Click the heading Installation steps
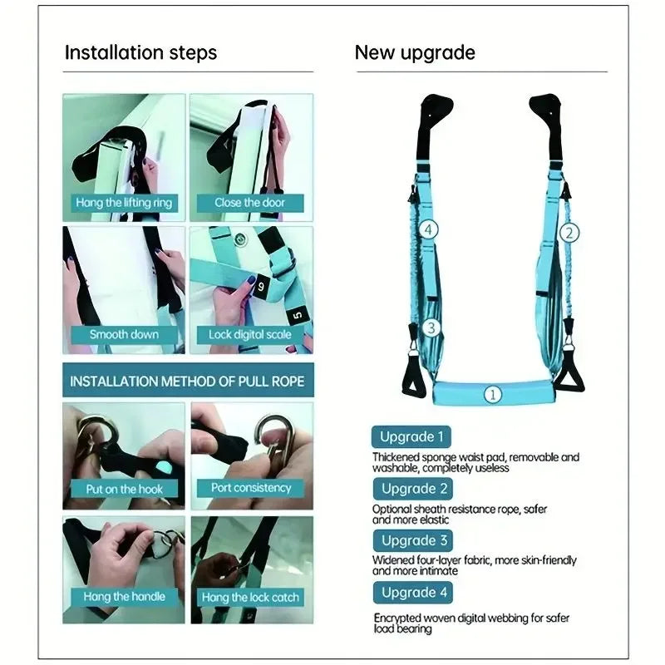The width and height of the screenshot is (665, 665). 140,52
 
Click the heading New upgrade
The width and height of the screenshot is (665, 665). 415,52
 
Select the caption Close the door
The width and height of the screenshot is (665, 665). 250,202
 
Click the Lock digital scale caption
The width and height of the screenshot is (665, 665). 250,335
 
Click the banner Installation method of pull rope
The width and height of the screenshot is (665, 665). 187,382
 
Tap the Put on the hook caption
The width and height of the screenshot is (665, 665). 125,489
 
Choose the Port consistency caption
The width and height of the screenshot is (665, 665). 251,488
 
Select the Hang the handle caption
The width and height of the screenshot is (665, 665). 124,596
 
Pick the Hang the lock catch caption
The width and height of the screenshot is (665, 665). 250,597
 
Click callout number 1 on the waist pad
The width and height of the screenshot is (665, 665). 493,394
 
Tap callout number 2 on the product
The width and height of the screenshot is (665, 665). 569,233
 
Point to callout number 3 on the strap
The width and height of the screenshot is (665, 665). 430,328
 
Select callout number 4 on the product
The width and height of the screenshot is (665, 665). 428,229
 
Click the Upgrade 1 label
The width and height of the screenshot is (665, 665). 412,436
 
